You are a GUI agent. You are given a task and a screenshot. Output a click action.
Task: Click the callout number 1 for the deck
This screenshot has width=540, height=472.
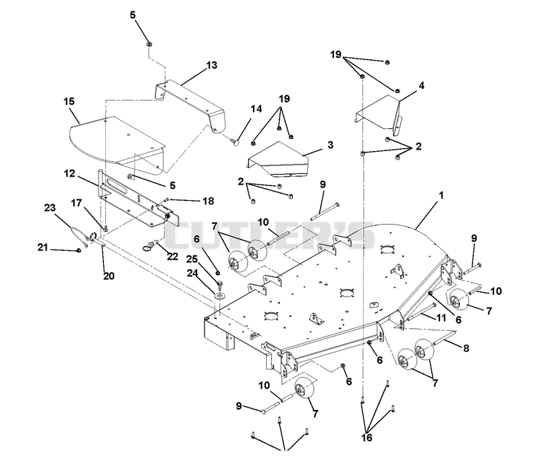click(x=441, y=196)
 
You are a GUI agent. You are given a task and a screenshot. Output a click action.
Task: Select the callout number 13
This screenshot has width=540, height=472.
click(x=212, y=65)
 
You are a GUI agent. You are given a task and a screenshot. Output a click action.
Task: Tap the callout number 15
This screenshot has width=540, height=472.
click(x=69, y=102)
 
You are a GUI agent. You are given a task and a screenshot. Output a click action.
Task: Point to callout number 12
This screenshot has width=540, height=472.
click(x=70, y=173)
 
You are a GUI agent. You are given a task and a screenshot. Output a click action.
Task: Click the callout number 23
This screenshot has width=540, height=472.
click(x=50, y=208)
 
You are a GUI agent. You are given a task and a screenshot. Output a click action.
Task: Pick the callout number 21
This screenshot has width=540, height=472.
click(x=43, y=247)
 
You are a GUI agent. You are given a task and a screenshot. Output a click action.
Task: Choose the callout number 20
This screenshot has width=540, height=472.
click(x=109, y=276)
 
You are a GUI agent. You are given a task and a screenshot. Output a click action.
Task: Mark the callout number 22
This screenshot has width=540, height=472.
click(x=173, y=256)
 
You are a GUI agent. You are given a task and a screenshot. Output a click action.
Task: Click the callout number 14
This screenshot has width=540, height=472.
click(x=256, y=109)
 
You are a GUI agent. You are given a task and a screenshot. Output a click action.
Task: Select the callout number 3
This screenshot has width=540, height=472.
click(x=330, y=145)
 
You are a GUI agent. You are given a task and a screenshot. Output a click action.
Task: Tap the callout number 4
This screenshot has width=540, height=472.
click(x=421, y=86)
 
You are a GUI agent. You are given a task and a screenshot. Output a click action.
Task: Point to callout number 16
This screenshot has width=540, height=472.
click(x=367, y=438)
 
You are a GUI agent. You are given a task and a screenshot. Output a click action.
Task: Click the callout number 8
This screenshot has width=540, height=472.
click(x=466, y=348)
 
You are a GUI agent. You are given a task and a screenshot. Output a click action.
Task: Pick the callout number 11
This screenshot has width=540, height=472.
click(x=441, y=318)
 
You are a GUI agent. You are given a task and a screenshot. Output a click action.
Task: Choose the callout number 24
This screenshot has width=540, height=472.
click(x=192, y=273)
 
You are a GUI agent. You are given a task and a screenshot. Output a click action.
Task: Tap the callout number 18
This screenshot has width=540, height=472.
click(x=208, y=201)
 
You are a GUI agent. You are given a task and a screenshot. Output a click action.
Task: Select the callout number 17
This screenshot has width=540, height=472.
click(x=76, y=203)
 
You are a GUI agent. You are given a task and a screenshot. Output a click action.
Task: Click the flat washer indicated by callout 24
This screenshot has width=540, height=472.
click(x=219, y=295)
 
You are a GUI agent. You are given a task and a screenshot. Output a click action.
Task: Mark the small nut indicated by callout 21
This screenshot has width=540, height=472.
click(x=79, y=250)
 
